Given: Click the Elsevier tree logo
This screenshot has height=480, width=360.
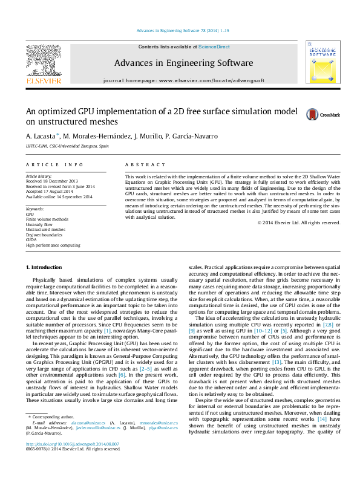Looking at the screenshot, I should [x=43, y=60].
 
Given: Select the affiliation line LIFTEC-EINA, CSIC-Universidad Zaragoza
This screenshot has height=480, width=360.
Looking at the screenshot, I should [x=67, y=146].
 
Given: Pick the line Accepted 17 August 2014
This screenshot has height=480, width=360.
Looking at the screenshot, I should [x=48, y=192].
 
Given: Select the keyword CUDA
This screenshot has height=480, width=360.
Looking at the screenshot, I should [x=31, y=240].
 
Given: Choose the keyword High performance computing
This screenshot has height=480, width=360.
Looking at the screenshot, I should [x=53, y=245].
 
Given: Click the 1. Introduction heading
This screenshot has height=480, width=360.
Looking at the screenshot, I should [x=44, y=267].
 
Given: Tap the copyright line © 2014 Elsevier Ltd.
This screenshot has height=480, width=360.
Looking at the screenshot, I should [x=298, y=222].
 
